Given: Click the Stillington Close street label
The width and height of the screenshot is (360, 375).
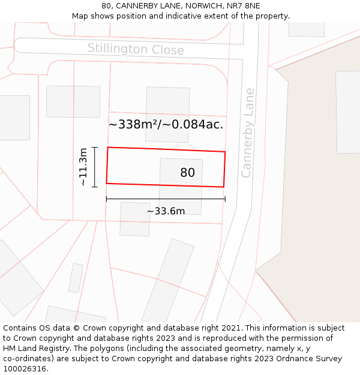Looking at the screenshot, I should click(136, 49).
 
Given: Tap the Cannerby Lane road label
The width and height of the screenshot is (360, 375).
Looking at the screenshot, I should click(247, 133).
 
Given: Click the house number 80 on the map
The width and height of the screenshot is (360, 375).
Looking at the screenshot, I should click(187, 173).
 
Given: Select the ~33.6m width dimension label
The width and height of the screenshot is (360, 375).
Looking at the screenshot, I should click(166, 211).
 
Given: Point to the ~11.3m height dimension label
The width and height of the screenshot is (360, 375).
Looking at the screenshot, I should click(83, 167).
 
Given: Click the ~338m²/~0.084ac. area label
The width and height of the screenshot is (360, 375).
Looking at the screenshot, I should click(166, 125).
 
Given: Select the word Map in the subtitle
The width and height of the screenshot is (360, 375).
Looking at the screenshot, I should click(81, 16).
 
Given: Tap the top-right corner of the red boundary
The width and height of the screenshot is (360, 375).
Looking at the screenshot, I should click(225, 152).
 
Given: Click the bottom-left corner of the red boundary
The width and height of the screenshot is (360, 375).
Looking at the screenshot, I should click(107, 183).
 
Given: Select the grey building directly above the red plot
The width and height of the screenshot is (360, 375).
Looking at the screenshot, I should click(167, 106).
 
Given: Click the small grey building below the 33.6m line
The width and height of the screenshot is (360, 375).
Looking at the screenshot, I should click(135, 219).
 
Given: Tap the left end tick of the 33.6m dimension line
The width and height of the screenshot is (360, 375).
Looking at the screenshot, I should click(107, 199).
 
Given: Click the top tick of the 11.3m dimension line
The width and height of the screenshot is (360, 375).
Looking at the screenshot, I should click(95, 147).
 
